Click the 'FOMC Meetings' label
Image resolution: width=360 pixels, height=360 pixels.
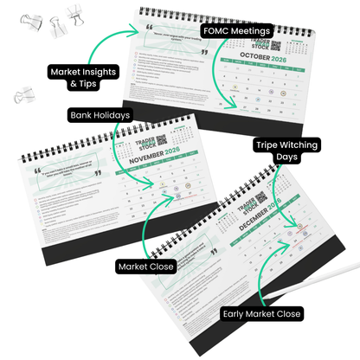(237, 30)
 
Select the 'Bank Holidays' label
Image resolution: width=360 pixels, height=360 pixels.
(100, 114)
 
